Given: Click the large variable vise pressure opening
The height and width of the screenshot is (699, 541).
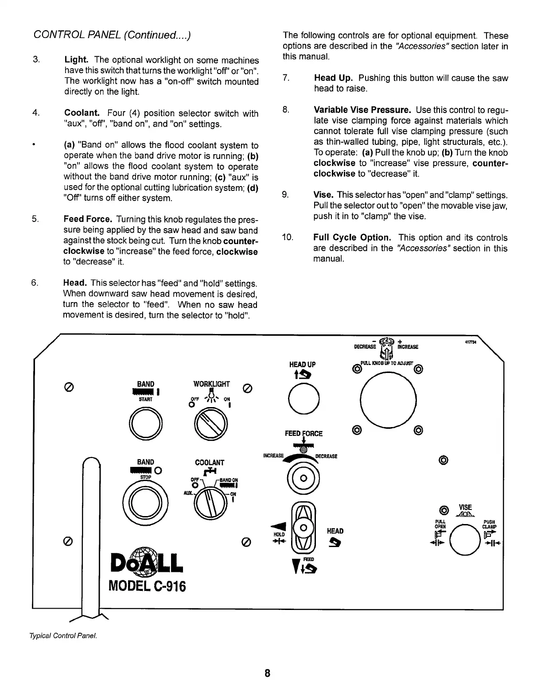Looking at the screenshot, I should (x=388, y=401).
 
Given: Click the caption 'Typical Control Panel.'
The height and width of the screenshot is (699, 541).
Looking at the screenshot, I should (x=62, y=636).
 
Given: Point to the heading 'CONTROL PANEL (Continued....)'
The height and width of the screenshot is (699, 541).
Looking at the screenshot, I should (x=112, y=36).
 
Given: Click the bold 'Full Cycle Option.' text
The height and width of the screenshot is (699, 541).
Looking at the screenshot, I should (x=352, y=238).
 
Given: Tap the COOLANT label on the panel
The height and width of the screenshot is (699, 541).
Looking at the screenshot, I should (x=210, y=463).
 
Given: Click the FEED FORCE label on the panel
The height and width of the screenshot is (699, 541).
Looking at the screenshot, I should (x=304, y=434).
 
